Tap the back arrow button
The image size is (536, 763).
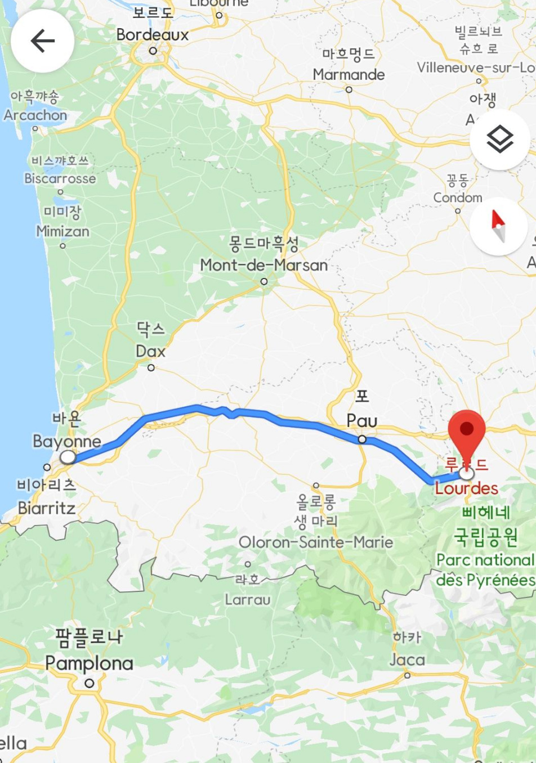tap(42, 41)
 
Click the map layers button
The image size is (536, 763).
tap(499, 140)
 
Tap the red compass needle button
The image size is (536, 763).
tap(498, 226)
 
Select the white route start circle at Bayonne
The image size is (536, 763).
tap(68, 457)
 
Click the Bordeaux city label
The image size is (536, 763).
tap(153, 35)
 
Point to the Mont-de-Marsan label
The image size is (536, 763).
tap(263, 265)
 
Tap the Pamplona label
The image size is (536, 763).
tap(89, 663)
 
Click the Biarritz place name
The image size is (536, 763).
tap(47, 508)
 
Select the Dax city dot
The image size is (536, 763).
tap(151, 368)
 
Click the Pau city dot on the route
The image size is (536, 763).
tap(362, 439)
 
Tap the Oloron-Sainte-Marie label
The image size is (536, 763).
tap(316, 542)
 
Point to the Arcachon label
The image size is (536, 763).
tap(35, 115)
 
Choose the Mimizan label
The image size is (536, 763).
tap(62, 231)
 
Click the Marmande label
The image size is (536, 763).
tap(349, 75)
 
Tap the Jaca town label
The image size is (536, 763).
tap(407, 659)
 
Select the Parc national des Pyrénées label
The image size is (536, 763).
tap(485, 569)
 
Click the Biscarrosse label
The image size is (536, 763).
tap(60, 179)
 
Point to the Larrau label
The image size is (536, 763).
tap(248, 600)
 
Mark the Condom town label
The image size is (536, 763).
tap(458, 198)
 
